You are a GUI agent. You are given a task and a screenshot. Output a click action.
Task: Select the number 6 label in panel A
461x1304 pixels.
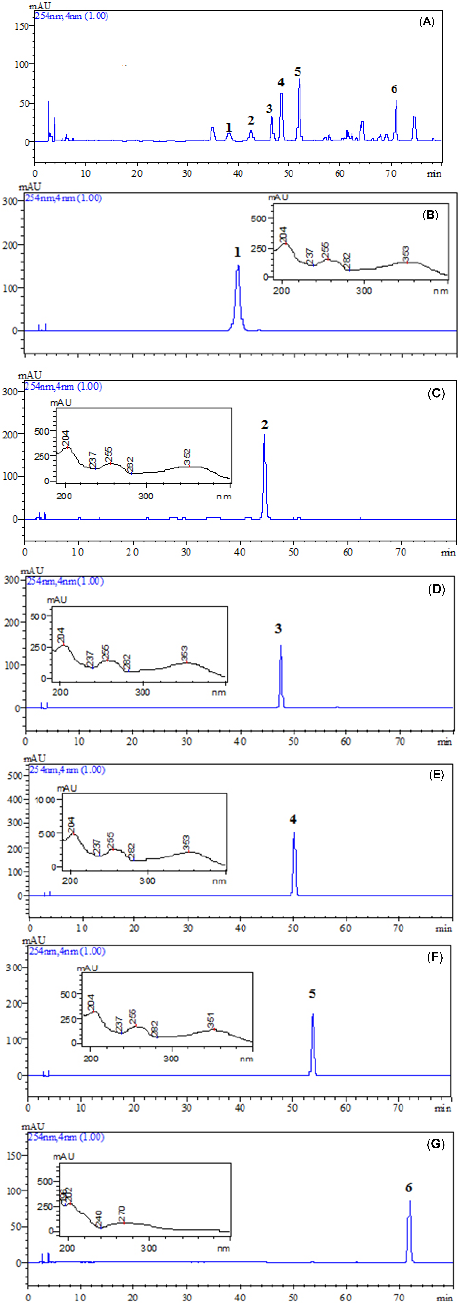(x=394, y=89)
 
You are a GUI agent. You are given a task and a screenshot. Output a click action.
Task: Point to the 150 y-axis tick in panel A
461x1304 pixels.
(x=21, y=26)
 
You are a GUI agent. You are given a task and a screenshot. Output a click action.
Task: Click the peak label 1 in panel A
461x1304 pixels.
(x=229, y=127)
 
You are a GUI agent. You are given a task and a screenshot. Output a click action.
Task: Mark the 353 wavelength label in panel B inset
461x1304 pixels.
(x=406, y=254)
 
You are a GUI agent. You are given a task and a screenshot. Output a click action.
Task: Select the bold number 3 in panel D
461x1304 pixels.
(x=278, y=629)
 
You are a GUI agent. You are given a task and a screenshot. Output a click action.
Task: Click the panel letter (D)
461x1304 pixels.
(x=436, y=589)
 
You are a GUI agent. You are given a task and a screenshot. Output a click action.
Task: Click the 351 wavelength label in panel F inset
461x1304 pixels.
(x=211, y=1019)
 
